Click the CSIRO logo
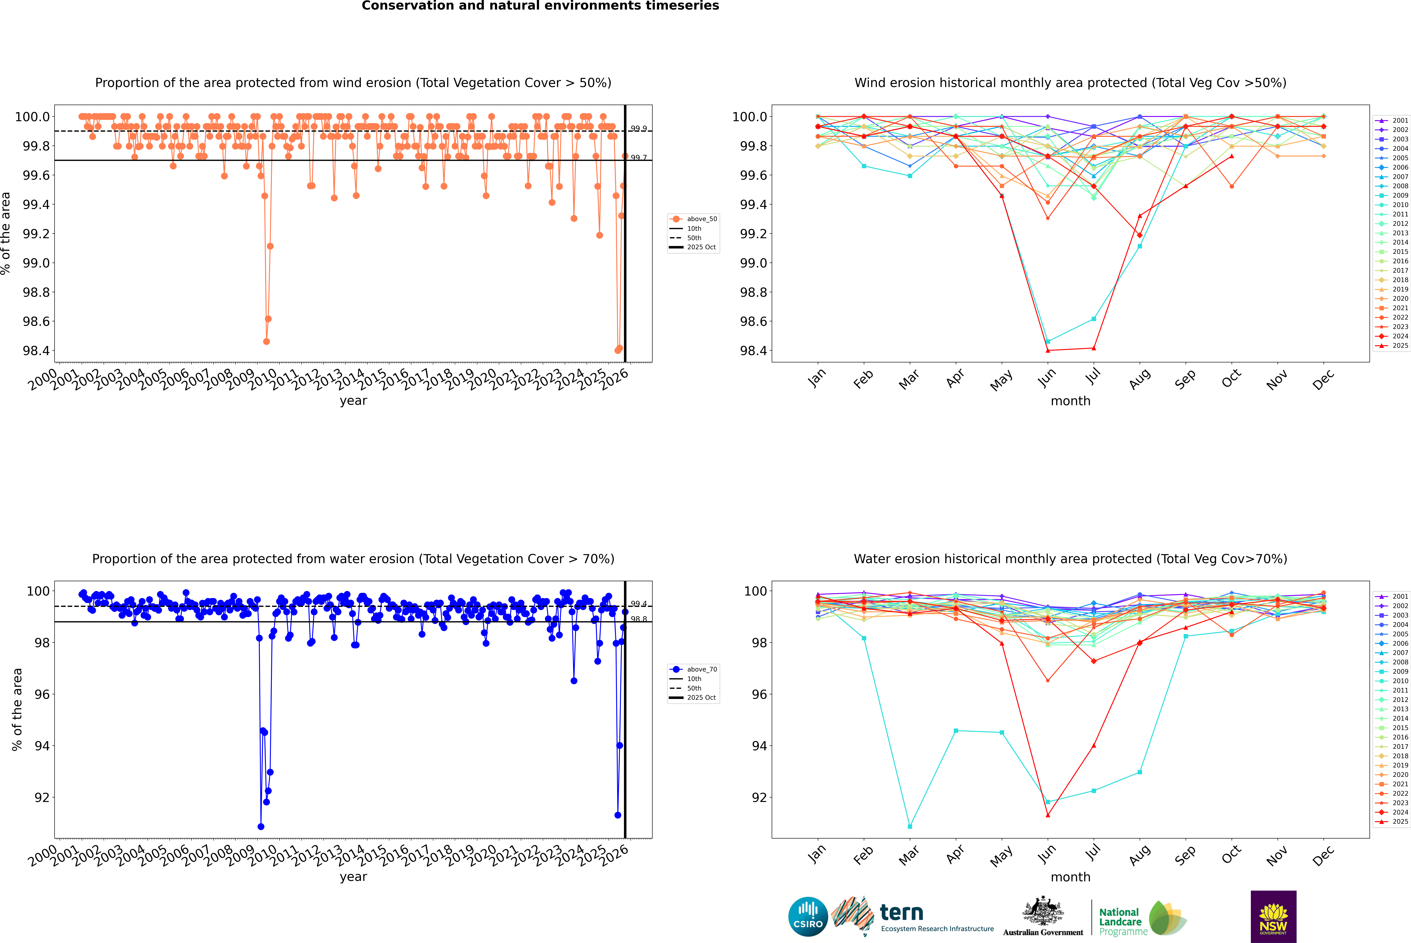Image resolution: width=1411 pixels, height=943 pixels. [x=808, y=917]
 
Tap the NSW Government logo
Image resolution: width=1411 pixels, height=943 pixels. [x=1273, y=917]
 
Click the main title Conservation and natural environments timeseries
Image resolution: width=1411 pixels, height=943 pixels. [x=540, y=6]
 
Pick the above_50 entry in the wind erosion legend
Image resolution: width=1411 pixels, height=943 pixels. [x=701, y=219]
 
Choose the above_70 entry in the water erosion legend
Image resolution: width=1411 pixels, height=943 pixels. [x=701, y=669]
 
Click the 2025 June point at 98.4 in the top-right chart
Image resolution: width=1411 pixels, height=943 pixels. [x=1048, y=351]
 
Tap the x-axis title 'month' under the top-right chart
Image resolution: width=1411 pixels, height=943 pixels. [x=1070, y=401]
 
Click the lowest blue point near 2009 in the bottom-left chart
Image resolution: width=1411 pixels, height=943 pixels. [x=260, y=826]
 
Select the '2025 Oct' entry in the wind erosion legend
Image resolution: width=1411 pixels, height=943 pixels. [x=701, y=247]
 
